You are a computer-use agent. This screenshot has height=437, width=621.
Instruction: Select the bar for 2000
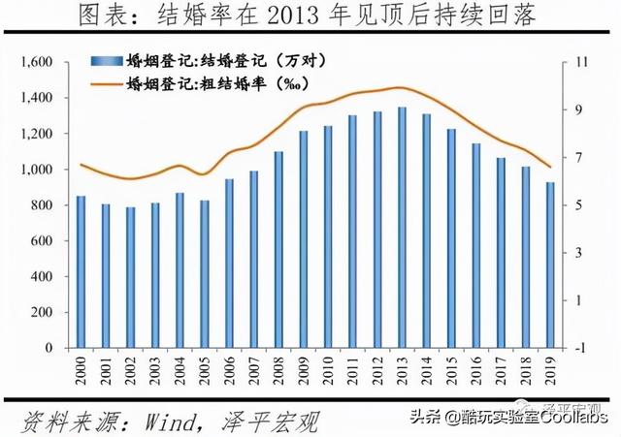click(81, 271)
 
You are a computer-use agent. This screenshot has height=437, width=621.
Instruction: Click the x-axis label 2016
click(476, 371)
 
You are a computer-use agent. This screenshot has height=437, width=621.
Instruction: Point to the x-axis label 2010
click(328, 371)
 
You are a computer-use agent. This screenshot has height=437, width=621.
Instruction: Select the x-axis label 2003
click(154, 371)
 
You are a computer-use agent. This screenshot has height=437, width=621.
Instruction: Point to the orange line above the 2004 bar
click(180, 166)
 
